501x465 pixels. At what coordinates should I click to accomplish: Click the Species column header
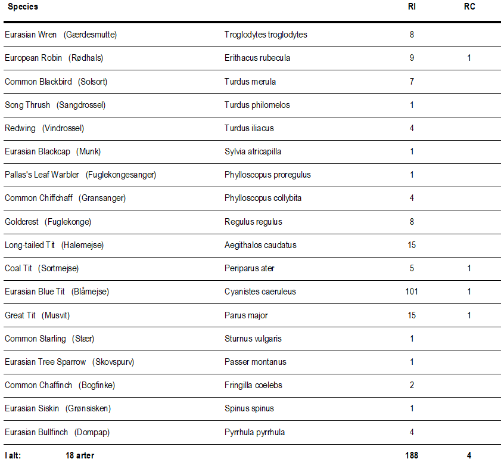[x=23, y=7]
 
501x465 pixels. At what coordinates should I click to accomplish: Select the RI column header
[x=412, y=7]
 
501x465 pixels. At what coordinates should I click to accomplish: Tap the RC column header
[x=469, y=7]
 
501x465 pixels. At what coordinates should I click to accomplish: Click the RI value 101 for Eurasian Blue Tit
[x=412, y=292]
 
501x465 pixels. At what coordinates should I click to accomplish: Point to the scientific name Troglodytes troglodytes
[x=266, y=35]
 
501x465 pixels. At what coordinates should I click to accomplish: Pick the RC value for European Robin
[x=469, y=58]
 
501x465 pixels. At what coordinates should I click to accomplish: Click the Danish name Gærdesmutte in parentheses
[x=90, y=35]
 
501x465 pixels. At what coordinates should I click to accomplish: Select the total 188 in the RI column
[x=412, y=455]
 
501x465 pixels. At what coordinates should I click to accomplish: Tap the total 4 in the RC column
[x=469, y=455]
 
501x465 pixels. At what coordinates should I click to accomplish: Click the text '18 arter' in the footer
[x=80, y=455]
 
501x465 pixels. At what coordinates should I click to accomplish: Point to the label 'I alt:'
[x=13, y=455]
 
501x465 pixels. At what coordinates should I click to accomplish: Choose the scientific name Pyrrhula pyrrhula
[x=254, y=432]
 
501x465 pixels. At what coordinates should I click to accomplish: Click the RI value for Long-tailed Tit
[x=412, y=245]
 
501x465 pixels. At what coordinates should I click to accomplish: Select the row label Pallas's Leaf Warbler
[x=42, y=175]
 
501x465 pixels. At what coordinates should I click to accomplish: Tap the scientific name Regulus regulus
[x=253, y=222]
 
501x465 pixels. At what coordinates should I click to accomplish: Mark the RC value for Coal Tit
[x=469, y=268]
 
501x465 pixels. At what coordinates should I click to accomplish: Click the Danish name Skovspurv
[x=110, y=362]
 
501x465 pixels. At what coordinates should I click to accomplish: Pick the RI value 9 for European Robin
[x=412, y=58]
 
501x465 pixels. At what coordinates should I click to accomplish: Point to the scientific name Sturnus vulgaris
[x=253, y=339]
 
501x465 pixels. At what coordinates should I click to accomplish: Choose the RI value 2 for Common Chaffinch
[x=412, y=385]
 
